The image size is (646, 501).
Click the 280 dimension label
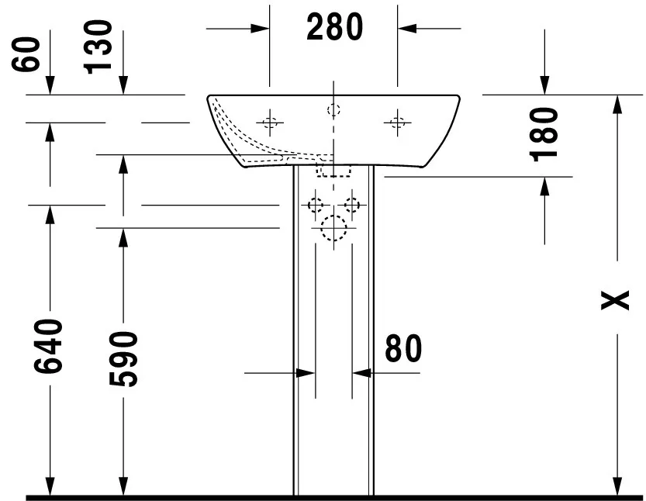[x=334, y=27]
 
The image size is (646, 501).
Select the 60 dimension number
[x=26, y=54]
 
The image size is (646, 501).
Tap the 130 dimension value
[x=98, y=47]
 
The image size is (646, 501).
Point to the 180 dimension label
[x=544, y=134]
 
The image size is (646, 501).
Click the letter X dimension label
[x=615, y=300]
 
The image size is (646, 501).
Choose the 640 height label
[x=48, y=346]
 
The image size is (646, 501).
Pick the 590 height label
[x=123, y=359]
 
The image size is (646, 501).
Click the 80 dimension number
[x=403, y=348]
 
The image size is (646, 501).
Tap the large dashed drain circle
[x=333, y=228]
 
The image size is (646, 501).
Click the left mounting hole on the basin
[x=270, y=123]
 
